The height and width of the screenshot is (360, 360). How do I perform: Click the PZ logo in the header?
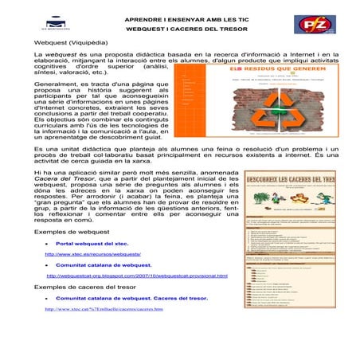309,24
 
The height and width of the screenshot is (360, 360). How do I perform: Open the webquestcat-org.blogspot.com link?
137,276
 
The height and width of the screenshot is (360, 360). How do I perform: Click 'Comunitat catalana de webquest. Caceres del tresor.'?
132,297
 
